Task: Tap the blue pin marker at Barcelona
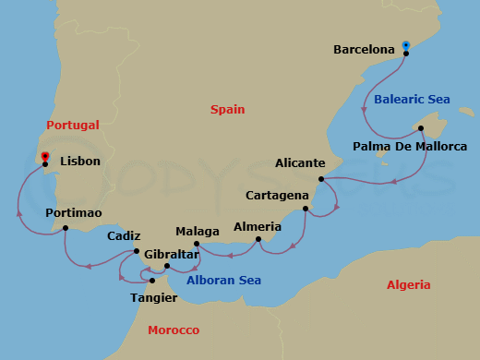[x=406, y=45]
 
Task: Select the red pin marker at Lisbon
[x=44, y=156]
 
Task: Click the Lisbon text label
[x=80, y=161]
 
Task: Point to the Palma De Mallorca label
[x=410, y=146]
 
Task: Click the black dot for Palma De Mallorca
[x=421, y=128]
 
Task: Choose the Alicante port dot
[x=321, y=179]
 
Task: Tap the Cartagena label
[x=277, y=196]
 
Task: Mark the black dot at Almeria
[x=258, y=240]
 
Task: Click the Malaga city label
[x=198, y=231]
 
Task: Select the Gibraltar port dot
[x=167, y=267]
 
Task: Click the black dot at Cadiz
[x=137, y=251]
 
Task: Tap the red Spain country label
[x=228, y=109]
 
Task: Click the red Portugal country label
[x=73, y=125]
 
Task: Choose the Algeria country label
[x=408, y=285]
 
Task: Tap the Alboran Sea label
[x=223, y=280]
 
